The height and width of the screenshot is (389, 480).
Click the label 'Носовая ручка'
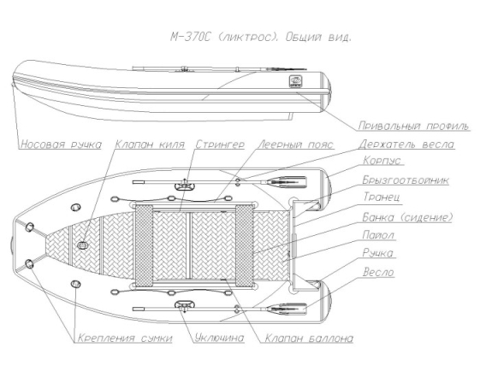click(x=61, y=144)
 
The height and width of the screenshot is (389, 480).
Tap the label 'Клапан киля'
click(x=150, y=144)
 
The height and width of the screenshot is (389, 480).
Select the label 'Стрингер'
click(x=220, y=144)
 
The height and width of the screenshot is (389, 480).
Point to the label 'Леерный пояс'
click(x=296, y=144)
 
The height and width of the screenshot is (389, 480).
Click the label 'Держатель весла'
click(x=406, y=144)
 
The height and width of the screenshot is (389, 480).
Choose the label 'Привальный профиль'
click(x=413, y=126)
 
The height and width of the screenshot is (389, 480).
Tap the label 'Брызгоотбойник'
click(x=406, y=180)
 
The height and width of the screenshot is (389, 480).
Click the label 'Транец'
click(x=382, y=197)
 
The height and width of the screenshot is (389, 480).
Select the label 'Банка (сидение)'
click(x=407, y=217)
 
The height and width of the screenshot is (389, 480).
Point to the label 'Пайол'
click(x=378, y=235)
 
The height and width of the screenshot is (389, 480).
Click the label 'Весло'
click(x=378, y=273)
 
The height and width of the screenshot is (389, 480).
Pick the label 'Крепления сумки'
click(x=125, y=339)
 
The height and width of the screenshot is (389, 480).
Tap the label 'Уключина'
click(x=220, y=338)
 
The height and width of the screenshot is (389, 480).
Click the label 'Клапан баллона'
click(x=309, y=339)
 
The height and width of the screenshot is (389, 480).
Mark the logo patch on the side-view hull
click(x=295, y=82)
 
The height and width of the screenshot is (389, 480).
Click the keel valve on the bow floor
click(x=82, y=245)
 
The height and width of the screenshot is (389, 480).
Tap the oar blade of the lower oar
click(x=287, y=309)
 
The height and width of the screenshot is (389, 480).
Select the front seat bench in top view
click(x=144, y=245)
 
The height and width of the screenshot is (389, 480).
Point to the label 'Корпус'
click(x=382, y=161)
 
